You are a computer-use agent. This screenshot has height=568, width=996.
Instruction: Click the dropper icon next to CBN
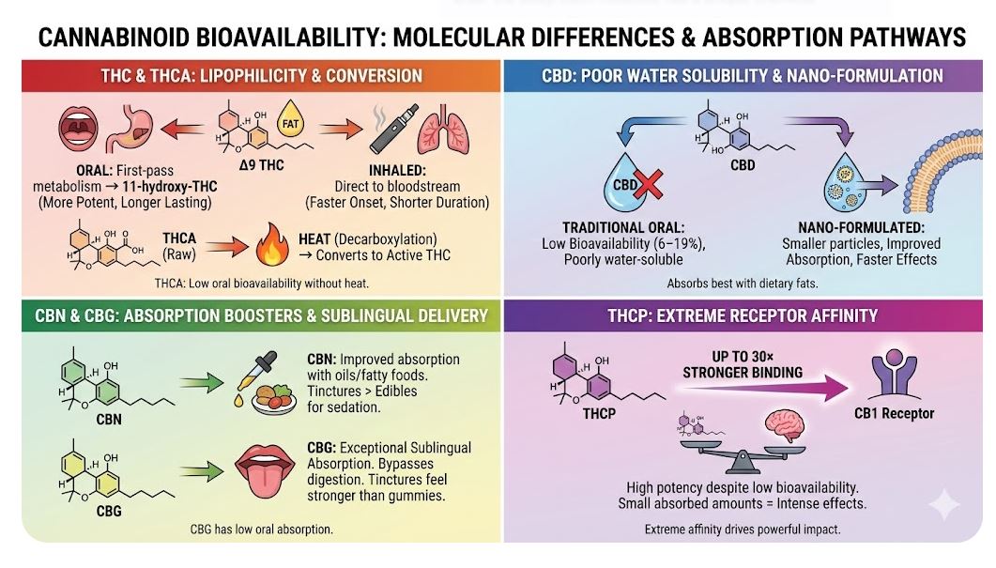[x=256, y=378]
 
